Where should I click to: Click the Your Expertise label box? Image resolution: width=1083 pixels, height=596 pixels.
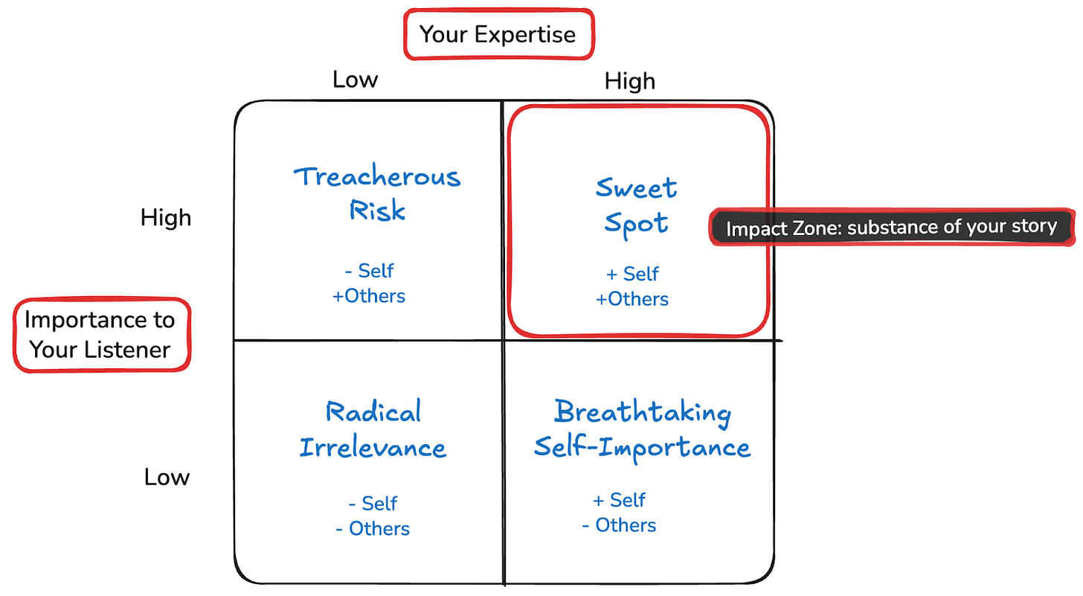click(x=498, y=33)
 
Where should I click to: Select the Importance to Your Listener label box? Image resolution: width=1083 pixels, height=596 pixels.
click(x=100, y=334)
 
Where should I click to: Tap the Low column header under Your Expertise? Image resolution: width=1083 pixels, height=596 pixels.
click(x=355, y=79)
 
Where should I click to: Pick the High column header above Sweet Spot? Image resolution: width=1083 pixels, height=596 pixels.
click(x=629, y=80)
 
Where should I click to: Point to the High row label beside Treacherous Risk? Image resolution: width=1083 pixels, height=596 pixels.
click(x=166, y=217)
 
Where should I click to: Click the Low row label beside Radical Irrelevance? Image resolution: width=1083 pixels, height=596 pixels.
click(x=167, y=477)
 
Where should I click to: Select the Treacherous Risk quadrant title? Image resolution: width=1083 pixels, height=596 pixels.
click(x=377, y=193)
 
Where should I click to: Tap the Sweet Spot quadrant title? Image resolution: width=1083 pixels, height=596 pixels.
click(x=636, y=205)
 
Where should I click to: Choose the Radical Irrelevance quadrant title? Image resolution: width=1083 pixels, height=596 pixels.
click(x=373, y=429)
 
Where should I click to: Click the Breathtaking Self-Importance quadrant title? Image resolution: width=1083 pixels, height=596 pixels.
click(x=642, y=429)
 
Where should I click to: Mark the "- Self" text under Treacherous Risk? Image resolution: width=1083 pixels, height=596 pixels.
click(x=370, y=270)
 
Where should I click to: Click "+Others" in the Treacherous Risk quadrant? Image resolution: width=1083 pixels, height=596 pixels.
click(x=369, y=295)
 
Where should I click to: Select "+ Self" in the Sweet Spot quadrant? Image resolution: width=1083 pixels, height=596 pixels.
click(x=633, y=274)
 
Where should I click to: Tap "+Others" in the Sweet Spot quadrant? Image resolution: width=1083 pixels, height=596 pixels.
click(x=632, y=299)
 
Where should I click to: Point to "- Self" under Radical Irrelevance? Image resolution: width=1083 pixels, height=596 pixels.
click(x=373, y=503)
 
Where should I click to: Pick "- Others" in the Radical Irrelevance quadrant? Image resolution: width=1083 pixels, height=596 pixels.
click(x=372, y=529)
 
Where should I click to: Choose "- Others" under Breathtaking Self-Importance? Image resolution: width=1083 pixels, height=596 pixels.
click(x=619, y=525)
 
